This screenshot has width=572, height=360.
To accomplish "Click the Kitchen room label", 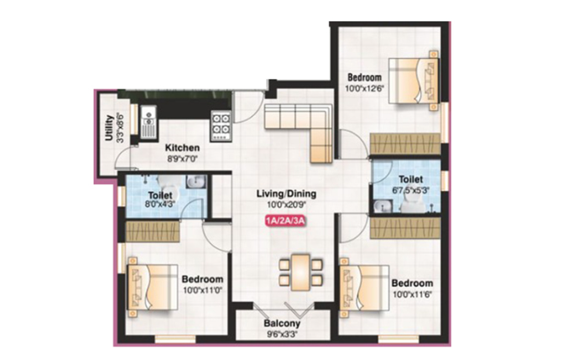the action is (182, 148).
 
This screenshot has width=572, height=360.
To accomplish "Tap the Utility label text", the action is (108, 128).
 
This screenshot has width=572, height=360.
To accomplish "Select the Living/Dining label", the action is (286, 194).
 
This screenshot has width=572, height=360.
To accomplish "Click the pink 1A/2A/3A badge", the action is (285, 222).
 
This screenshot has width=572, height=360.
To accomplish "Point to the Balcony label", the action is (282, 323).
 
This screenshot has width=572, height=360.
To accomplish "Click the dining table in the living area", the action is (301, 272).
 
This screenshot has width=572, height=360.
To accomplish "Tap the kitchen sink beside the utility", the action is (148, 122).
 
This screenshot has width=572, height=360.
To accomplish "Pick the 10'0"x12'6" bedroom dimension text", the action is (365, 89).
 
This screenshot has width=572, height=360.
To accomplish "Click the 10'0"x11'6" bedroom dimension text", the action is (413, 294).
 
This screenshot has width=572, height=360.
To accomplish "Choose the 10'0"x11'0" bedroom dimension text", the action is (203, 290).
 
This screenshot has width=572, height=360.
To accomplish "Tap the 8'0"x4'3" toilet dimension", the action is (160, 204).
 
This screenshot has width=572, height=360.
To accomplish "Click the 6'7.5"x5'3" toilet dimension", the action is (411, 190).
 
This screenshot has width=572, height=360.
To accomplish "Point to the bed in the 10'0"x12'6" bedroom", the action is (413, 80).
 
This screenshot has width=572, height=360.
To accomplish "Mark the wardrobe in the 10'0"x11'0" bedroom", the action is (153, 231).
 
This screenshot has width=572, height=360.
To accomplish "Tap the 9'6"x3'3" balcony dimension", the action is (282, 334).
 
